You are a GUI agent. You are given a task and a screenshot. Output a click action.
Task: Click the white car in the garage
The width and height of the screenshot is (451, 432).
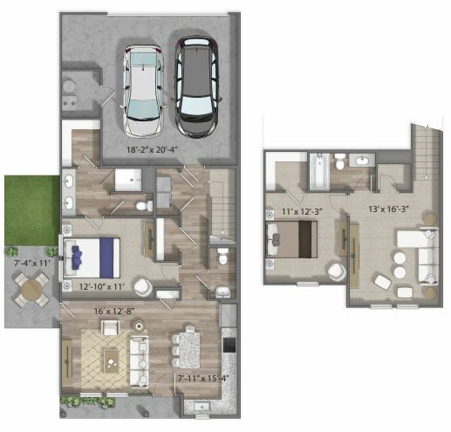tap(143, 91)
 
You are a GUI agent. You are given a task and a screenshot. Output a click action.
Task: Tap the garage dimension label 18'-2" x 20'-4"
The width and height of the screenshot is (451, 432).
tap(152, 150)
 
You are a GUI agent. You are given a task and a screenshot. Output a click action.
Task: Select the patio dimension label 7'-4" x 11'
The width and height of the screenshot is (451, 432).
tap(32, 264)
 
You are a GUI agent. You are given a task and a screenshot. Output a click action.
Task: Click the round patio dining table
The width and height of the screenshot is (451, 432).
tap(32, 289)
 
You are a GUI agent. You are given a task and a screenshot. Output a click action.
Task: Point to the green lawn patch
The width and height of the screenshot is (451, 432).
tap(31, 210)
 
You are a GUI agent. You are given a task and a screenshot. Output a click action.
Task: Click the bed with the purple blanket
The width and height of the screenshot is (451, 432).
tap(92, 258)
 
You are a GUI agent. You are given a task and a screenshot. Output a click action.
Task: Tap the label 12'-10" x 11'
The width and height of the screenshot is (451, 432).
tap(102, 287)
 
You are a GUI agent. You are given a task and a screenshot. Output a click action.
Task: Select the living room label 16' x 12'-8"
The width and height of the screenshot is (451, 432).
tap(114, 311)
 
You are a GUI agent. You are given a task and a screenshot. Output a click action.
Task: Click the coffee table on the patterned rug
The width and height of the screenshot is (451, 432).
tap(111, 361)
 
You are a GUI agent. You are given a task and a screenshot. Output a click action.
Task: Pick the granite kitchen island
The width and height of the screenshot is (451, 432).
tap(189, 350)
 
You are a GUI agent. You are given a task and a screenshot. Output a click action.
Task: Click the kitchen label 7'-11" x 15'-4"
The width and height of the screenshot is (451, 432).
tap(202, 379)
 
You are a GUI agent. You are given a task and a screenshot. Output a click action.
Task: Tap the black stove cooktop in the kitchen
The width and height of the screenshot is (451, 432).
tap(229, 345)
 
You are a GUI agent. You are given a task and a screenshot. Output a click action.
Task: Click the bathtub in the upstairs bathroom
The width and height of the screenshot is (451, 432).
tap(319, 172)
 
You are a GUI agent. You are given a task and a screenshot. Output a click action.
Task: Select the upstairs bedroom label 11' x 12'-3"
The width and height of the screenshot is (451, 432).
tap(302, 211)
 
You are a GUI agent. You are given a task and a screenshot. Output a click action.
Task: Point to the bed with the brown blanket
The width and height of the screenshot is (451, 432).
tap(291, 239)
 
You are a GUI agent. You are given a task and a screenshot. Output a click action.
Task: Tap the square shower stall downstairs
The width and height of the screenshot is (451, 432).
tap(128, 180)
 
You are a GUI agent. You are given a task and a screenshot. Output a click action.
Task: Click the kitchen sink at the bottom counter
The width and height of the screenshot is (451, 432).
tap(202, 407)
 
